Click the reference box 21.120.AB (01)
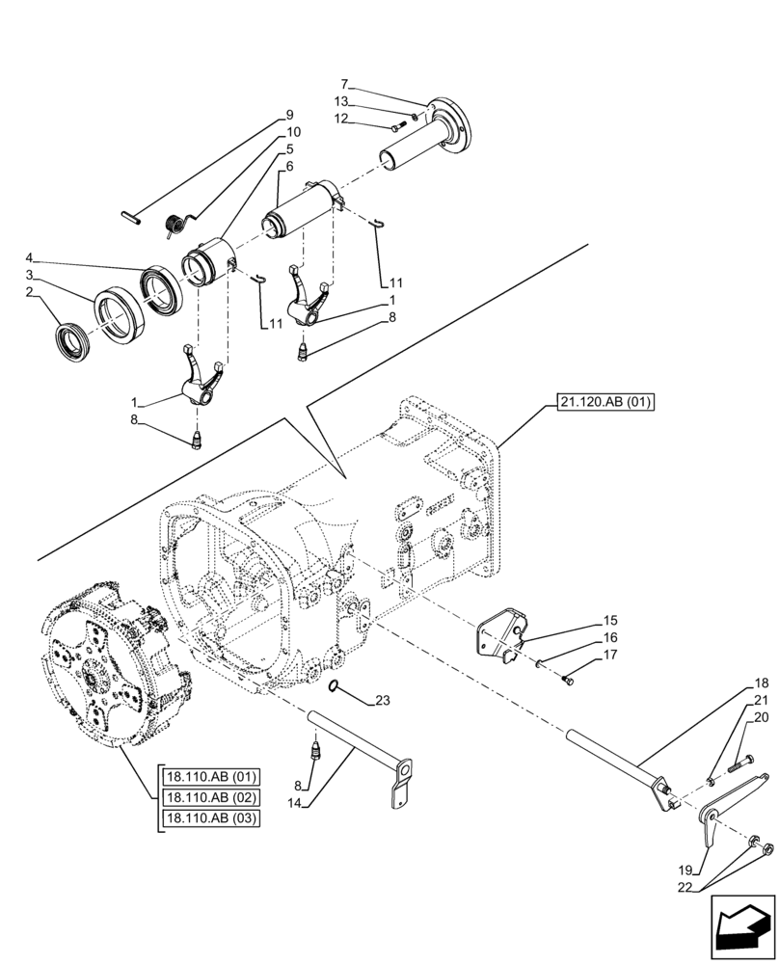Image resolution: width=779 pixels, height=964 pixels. point(604,402)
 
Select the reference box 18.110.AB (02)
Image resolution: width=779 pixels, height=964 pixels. point(211,797)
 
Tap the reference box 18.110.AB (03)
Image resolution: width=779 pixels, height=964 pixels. point(211,817)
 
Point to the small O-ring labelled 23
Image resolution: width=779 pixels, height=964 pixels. point(334,685)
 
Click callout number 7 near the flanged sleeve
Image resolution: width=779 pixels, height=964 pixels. point(344,85)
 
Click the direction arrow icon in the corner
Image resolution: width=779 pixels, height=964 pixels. point(742,928)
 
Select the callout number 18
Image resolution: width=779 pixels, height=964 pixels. point(761,683)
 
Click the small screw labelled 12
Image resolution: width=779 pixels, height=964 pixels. point(398,127)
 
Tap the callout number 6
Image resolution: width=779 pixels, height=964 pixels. point(288,166)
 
